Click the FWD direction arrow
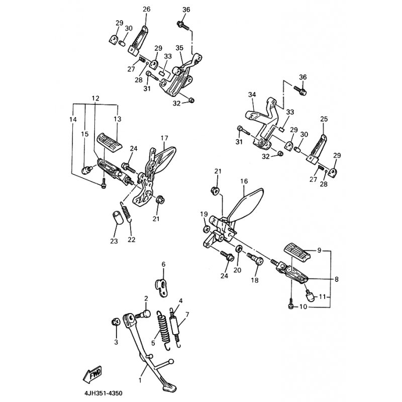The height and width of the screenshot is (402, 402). click(92, 374)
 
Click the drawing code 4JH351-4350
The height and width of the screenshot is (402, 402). click(103, 393)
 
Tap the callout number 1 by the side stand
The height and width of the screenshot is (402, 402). click(140, 380)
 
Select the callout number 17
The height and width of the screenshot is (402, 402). click(164, 138)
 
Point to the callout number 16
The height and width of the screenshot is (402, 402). click(244, 181)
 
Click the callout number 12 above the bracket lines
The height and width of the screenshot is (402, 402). click(95, 98)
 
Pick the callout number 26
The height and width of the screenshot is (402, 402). click(146, 10)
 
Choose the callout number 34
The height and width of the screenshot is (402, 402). click(252, 94)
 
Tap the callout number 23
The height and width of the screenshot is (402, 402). click(114, 241)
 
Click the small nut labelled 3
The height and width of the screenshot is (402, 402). click(115, 322)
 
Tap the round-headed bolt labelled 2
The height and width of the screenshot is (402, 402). click(143, 315)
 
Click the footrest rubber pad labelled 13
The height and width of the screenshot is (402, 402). click(110, 141)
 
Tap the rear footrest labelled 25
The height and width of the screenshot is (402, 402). click(317, 149)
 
